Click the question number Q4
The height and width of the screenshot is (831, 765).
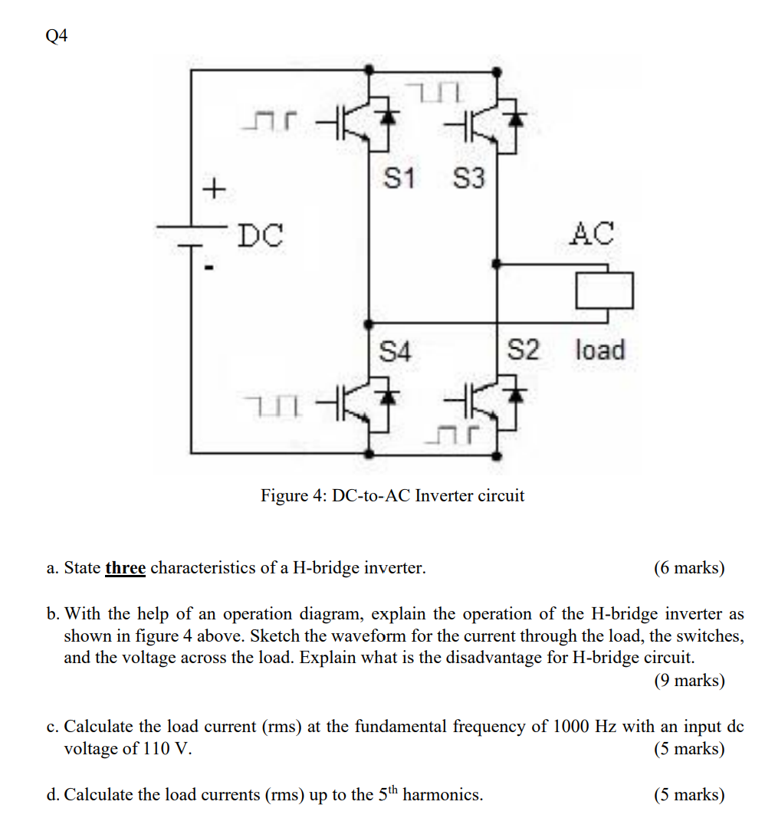[57, 36]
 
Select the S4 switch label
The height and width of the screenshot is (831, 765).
[396, 352]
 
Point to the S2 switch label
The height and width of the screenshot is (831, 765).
[524, 350]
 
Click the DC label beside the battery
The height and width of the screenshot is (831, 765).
[259, 235]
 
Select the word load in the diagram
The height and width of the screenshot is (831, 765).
[600, 350]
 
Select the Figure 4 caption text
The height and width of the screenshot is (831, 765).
[392, 495]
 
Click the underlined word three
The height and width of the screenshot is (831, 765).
[125, 568]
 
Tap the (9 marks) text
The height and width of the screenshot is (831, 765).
[689, 680]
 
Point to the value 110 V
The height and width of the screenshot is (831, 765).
[166, 748]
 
